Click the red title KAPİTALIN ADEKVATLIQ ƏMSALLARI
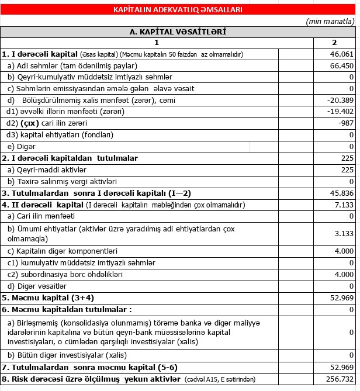click(178, 10)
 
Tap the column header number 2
click(334, 43)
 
